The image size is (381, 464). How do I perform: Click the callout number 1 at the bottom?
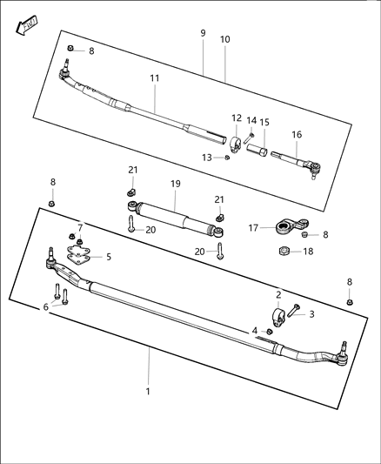pos(148,391)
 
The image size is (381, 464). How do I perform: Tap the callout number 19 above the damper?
pos(175,185)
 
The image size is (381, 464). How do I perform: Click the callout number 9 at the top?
pos(203,33)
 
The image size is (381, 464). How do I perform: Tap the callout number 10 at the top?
pos(225,40)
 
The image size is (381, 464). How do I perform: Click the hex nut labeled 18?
pos(284,252)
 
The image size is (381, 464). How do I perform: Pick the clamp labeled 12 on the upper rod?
pos(235,140)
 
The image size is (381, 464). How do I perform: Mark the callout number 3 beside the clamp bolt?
pos(311,313)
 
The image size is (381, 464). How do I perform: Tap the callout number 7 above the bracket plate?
pos(80,228)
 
